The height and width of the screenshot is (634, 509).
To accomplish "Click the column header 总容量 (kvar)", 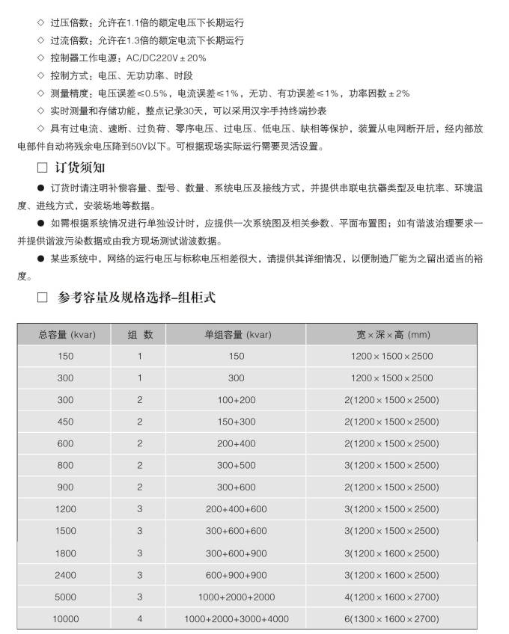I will pos(65,334).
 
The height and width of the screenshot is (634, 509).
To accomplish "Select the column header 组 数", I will pos(140,334).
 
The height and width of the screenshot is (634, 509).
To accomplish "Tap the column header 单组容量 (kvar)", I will pos(237,334).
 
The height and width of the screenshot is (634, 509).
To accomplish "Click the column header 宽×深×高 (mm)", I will pos(391,334).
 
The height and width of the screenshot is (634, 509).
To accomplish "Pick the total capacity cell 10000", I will pos(65,619).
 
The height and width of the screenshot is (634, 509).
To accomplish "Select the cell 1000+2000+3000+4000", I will pos(237,619).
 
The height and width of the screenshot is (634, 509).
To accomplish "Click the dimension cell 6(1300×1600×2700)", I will pos(391,619).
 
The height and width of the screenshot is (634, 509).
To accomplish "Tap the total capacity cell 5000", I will pos(65,597).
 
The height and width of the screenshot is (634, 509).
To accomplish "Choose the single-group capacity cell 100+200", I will pos(237,400).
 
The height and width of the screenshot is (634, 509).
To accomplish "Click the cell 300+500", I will pos(237,466).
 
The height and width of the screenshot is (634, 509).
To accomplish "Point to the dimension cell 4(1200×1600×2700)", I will pos(391,597).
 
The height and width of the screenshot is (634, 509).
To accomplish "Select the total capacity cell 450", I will pos(65,422).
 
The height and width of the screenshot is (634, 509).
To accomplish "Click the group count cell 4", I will pos(140,619).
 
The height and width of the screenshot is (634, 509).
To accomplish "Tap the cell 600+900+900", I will pos(237,575).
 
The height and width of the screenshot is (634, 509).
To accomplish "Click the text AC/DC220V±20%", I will pos(165,58).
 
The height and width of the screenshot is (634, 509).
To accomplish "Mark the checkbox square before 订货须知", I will pos(42,167).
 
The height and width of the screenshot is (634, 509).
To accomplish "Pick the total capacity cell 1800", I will pos(65,553).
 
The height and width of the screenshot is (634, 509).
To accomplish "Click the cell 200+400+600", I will pos(237,509).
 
